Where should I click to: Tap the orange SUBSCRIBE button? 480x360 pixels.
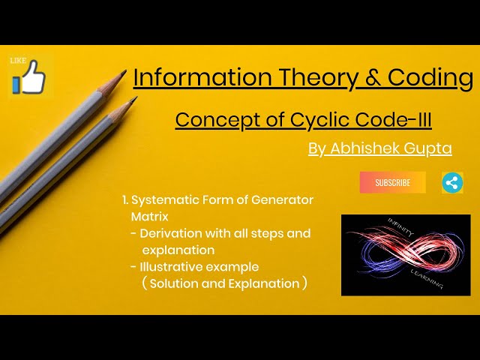pyautogui.click(x=392, y=182)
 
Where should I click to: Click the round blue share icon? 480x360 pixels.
pyautogui.click(x=452, y=182)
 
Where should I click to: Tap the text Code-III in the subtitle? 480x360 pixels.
pyautogui.click(x=398, y=120)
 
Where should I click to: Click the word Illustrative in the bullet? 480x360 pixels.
pyautogui.click(x=169, y=266)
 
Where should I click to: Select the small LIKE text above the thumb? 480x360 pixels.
pyautogui.click(x=16, y=60)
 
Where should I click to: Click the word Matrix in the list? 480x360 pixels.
pyautogui.click(x=148, y=216)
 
